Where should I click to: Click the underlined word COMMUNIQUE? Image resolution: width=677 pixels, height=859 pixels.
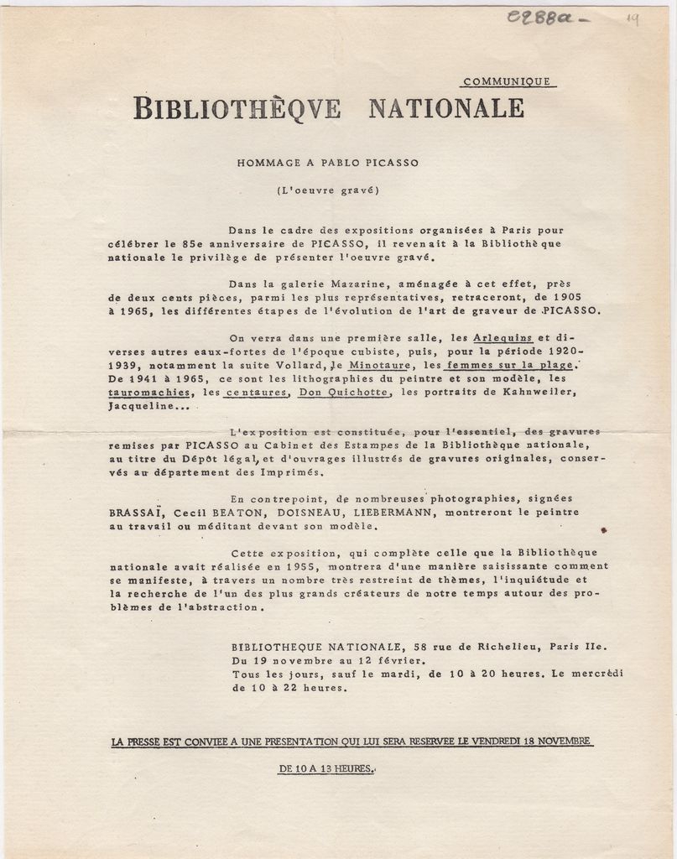(x=507, y=81)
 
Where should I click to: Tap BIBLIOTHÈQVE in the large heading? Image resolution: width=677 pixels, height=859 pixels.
(x=237, y=108)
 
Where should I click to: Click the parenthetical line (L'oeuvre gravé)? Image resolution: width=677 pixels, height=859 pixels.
(x=328, y=190)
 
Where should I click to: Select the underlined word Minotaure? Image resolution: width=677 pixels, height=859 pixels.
(x=379, y=365)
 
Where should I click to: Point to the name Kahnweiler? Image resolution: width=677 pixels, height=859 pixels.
(x=541, y=392)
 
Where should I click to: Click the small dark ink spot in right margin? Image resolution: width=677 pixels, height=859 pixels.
(x=603, y=529)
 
